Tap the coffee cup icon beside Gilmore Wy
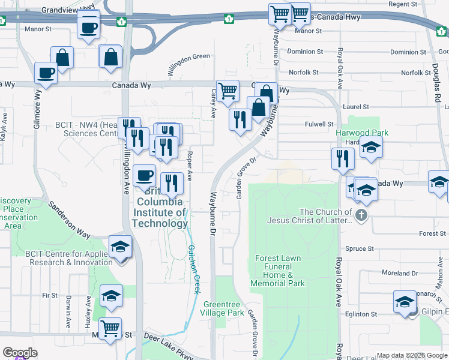click(x=46, y=73)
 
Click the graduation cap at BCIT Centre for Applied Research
click(x=120, y=247)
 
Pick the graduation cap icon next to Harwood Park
click(x=371, y=147)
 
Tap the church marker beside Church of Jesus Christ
click(x=361, y=215)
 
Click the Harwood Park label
click(x=362, y=133)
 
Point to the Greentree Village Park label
click(x=223, y=308)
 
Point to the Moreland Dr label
click(x=399, y=272)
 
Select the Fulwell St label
click(x=319, y=124)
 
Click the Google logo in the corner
click(x=20, y=353)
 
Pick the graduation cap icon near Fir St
click(x=111, y=296)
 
